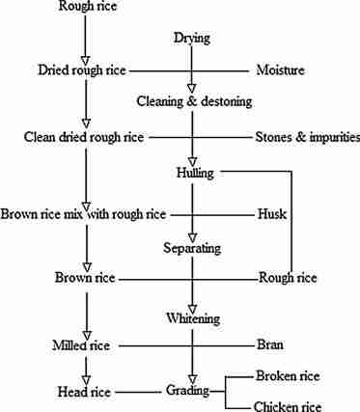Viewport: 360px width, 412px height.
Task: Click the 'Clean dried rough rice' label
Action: click(x=83, y=137)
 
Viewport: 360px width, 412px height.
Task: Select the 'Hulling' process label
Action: click(x=196, y=172)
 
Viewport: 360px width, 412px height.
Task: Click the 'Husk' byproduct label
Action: click(x=272, y=212)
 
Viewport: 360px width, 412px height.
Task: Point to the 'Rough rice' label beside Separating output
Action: click(x=288, y=279)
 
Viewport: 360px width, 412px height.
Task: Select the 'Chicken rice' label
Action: click(x=290, y=407)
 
